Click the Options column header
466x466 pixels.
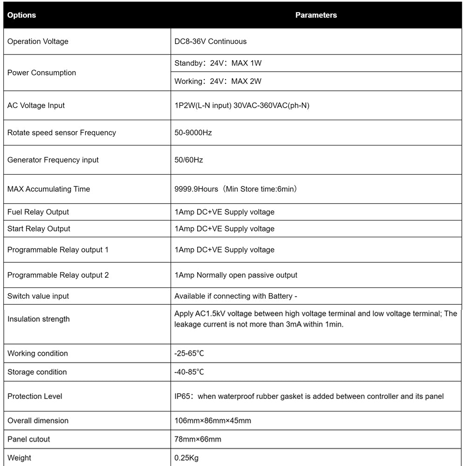pos(22,15)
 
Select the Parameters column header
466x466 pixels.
pos(316,15)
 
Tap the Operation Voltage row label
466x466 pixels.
pos(38,41)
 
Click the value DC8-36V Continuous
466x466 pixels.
pos(211,41)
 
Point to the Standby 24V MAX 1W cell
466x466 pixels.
pos(218,63)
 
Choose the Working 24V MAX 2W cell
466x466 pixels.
pos(218,82)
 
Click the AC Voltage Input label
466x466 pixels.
pos(36,105)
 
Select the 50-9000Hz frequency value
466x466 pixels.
pos(193,133)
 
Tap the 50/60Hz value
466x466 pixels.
pos(189,160)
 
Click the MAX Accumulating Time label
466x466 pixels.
pos(48,189)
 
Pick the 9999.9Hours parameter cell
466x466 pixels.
pos(236,189)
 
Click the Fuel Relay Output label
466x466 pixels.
pos(38,212)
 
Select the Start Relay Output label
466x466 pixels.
pos(39,229)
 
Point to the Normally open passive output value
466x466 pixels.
pos(236,275)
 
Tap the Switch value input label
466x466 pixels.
pos(38,296)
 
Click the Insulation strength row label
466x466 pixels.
pos(39,319)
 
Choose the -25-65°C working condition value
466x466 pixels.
pos(189,354)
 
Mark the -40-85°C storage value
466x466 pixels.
pos(189,372)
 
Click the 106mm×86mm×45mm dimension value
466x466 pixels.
pos(212,421)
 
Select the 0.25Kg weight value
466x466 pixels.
pos(186,458)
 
